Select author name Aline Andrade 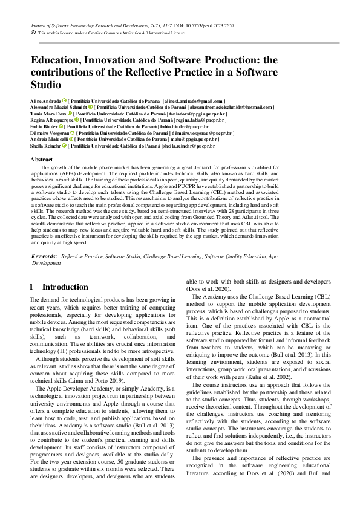point(45,101)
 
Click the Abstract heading point(41,159)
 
